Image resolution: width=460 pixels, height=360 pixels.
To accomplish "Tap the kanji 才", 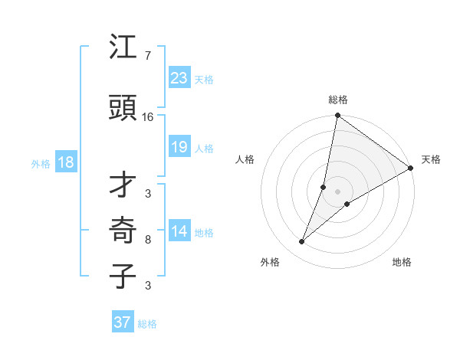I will tap(123, 184).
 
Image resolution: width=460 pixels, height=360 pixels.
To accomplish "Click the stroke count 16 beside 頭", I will tap(148, 117).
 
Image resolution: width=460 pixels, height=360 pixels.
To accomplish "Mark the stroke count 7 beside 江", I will tap(147, 56).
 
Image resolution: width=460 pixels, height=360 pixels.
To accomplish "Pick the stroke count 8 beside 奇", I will tap(147, 240).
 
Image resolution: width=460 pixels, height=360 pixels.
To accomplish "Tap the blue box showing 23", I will tap(179, 77).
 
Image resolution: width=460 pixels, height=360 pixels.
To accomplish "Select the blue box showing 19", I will tap(179, 147).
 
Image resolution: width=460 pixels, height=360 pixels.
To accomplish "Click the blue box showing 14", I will tap(179, 231).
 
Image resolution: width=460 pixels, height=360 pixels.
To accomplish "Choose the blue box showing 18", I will tap(65, 162).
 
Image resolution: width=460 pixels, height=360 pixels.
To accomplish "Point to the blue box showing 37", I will tap(123, 322).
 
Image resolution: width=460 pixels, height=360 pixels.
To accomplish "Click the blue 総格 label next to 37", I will tap(147, 324).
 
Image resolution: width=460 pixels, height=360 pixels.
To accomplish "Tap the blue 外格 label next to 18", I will tap(41, 164).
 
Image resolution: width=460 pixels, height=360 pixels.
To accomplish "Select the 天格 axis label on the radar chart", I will tap(431, 159).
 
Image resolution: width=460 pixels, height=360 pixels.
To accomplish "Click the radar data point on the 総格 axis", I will tap(337, 116).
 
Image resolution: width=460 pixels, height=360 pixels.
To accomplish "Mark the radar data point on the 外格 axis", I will tap(302, 242).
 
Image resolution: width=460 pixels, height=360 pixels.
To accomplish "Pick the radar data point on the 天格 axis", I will tap(411, 169).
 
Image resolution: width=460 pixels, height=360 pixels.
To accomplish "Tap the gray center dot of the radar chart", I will tap(337, 191).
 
